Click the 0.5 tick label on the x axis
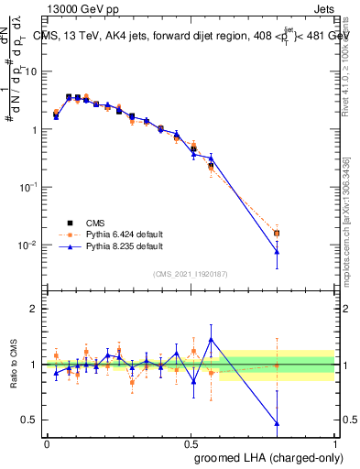[191, 442]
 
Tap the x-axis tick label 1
[334, 442]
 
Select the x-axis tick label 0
[47, 442]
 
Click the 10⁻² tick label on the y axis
[29, 245]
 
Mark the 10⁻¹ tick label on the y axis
[29, 187]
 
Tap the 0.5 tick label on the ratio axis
[30, 420]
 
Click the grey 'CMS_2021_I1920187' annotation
[190, 274]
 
